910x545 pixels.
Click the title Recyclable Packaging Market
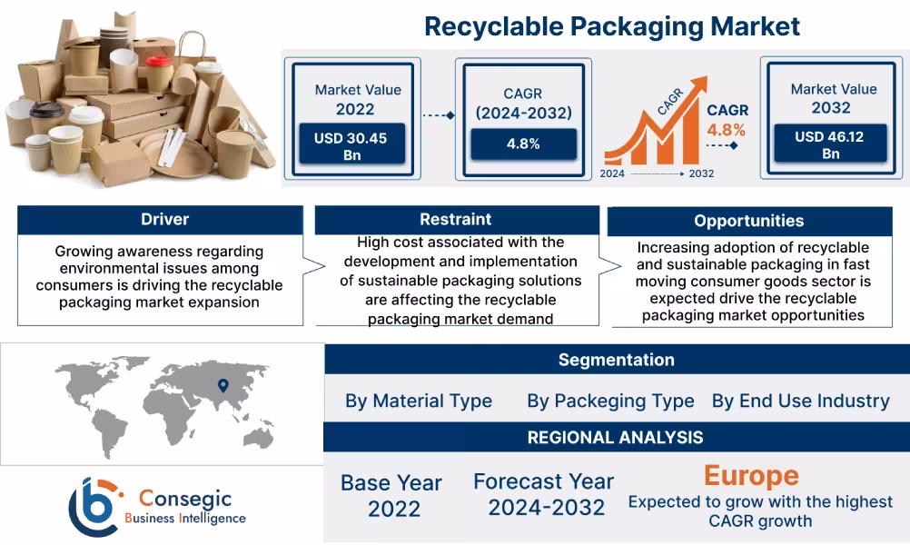[612, 25]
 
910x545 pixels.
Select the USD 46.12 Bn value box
[830, 145]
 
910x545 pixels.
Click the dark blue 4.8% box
[523, 144]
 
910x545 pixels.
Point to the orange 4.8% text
[727, 130]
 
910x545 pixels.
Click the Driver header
[160, 219]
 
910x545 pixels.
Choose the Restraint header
[456, 219]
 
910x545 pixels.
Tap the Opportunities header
[748, 221]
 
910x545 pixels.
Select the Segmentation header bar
[616, 360]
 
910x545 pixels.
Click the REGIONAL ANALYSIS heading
[616, 437]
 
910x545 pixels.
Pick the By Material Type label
[419, 401]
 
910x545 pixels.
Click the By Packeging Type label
[610, 401]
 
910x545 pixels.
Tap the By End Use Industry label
[801, 401]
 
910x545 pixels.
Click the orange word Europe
[751, 475]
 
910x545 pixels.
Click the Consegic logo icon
[97, 505]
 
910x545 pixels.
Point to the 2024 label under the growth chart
[614, 173]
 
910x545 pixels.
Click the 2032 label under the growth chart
[701, 173]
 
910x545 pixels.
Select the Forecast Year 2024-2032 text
[543, 494]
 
